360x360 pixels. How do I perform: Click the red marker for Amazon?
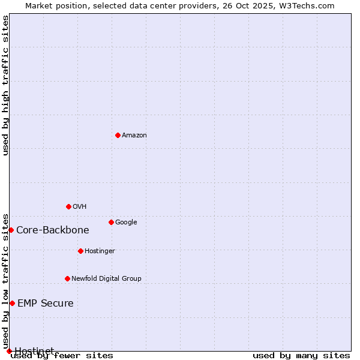[x=118, y=135]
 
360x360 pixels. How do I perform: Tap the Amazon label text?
[x=134, y=136]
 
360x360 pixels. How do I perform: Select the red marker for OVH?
[x=68, y=206]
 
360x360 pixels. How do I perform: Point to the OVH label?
[x=80, y=207]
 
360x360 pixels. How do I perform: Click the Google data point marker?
[x=111, y=222]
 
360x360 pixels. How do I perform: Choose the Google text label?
[x=126, y=223]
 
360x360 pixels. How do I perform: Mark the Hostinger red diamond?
[x=80, y=251]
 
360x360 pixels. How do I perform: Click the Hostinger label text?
[x=100, y=251]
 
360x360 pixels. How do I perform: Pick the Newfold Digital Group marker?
[x=67, y=278]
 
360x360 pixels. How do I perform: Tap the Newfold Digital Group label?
[x=106, y=279]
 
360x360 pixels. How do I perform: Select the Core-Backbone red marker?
[x=11, y=230]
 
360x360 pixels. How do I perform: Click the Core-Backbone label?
[x=53, y=230]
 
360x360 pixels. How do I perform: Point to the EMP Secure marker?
[x=12, y=303]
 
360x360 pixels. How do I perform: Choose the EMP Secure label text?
[x=46, y=304]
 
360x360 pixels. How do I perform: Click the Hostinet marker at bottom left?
[x=9, y=351]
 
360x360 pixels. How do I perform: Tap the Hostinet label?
[x=34, y=350]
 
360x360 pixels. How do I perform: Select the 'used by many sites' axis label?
[x=301, y=356]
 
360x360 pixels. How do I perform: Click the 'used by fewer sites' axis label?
[x=62, y=356]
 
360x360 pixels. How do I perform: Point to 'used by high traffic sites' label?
[x=6, y=85]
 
